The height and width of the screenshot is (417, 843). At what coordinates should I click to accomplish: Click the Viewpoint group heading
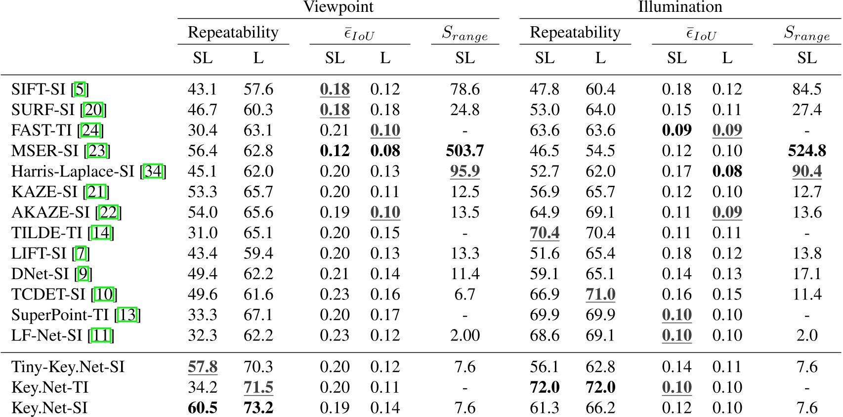tap(338, 7)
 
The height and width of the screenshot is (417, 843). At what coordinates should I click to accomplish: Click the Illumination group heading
tap(680, 7)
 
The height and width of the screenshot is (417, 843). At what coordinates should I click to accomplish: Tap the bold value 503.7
tap(464, 151)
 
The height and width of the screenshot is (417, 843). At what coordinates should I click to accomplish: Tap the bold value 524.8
tap(806, 151)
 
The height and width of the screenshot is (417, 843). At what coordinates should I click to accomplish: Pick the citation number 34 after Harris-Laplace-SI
tap(153, 171)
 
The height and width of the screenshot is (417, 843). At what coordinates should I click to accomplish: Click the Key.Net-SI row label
tap(49, 408)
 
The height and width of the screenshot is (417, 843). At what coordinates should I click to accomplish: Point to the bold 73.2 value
tap(258, 408)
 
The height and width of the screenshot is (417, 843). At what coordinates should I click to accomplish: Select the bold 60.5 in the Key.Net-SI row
tap(203, 408)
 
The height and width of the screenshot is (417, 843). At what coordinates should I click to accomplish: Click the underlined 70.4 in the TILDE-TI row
tap(545, 233)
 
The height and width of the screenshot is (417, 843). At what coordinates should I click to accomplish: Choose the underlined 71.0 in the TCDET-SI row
tap(600, 294)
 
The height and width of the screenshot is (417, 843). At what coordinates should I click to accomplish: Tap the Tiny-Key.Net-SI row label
tap(68, 367)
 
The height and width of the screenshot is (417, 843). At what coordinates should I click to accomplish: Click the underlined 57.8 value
tap(203, 367)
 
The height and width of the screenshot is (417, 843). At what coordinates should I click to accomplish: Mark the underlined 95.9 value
tap(464, 171)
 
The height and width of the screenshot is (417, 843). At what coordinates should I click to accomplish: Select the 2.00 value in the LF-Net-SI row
tap(464, 335)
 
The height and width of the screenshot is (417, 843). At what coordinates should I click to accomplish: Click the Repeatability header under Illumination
tap(575, 33)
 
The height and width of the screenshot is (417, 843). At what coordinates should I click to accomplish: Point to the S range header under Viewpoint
tap(464, 34)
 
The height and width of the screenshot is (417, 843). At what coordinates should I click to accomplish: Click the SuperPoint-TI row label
tap(62, 315)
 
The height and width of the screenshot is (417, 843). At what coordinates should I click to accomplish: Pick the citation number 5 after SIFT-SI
tap(80, 89)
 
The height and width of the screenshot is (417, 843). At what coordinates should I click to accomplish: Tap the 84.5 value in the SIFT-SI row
tap(806, 89)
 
